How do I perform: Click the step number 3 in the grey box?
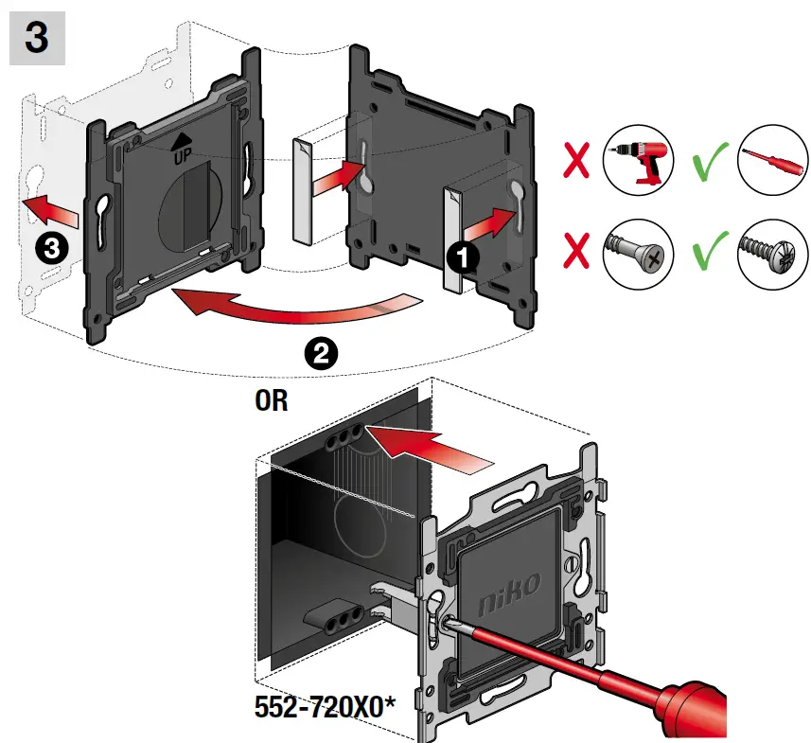(36, 40)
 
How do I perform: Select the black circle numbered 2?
(320, 354)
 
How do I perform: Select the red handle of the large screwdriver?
(748, 704)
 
